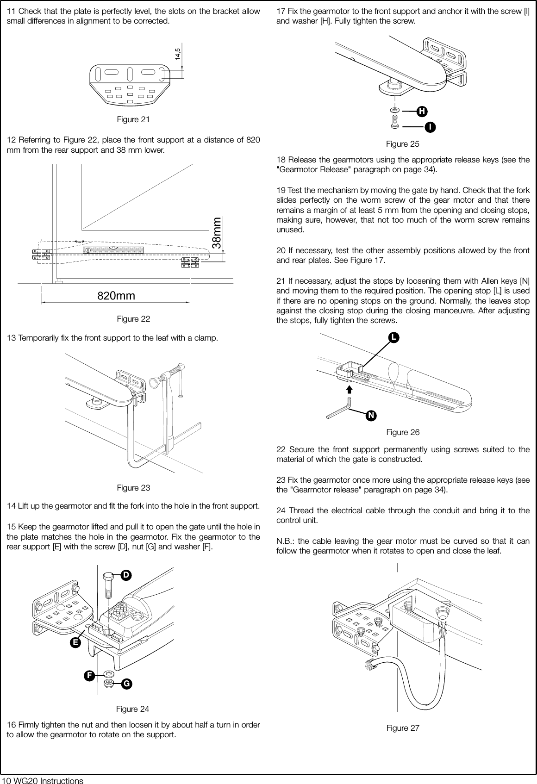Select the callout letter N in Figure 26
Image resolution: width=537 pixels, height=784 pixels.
371,416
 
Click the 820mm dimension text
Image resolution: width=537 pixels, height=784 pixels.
116,295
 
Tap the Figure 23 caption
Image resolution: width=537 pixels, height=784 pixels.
133,488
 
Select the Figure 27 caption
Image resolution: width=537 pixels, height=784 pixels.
403,728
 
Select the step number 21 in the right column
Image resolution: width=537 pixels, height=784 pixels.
281,282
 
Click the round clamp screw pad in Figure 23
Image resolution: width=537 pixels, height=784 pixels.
155,383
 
